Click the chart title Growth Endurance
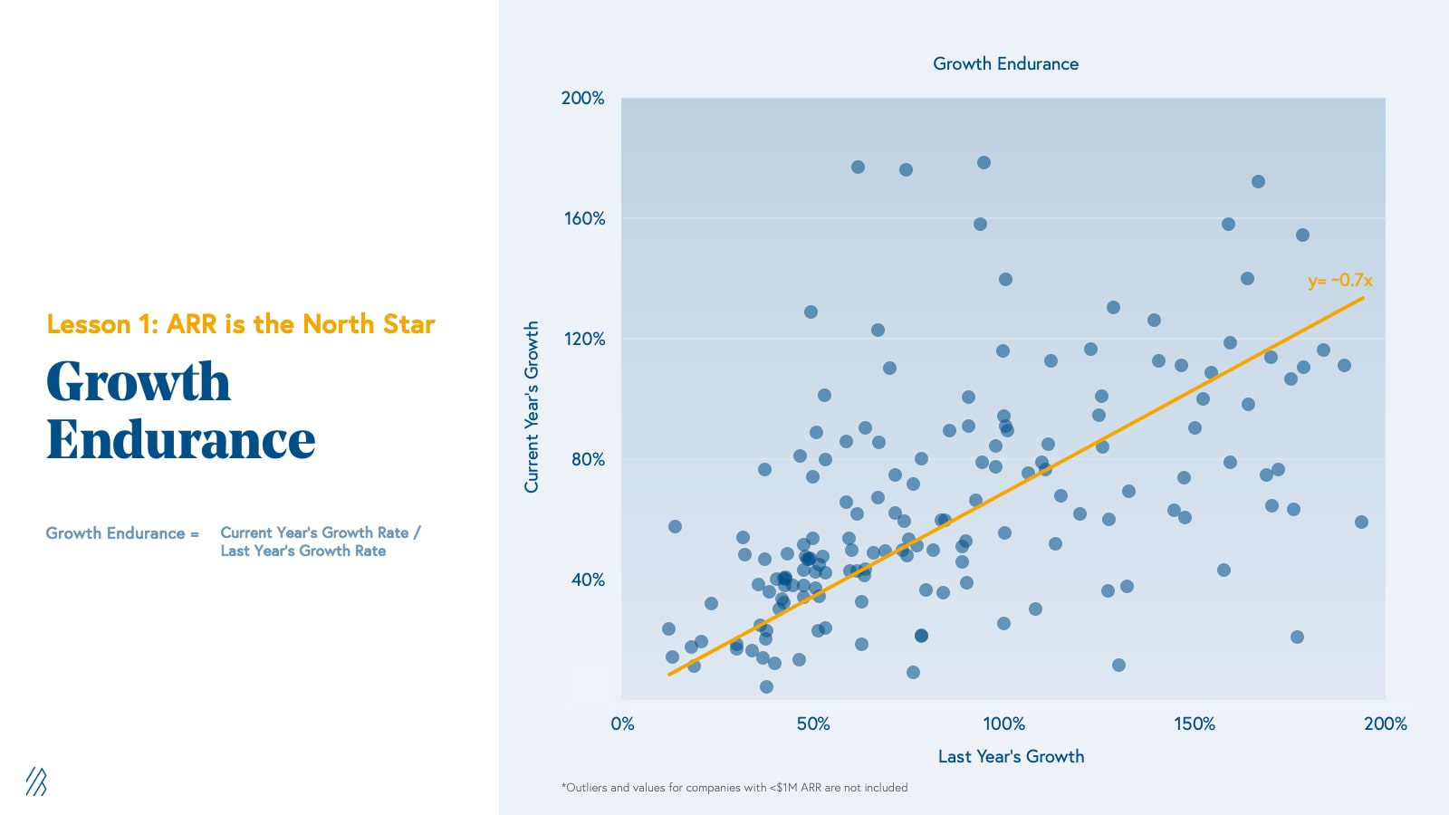tap(1005, 64)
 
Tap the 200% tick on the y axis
tap(582, 98)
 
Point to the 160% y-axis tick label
tap(584, 218)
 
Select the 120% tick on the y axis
tap(584, 339)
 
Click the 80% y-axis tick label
tap(588, 459)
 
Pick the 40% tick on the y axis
tap(588, 580)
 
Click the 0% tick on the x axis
tap(622, 724)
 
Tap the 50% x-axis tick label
tap(812, 724)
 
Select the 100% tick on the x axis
tap(1003, 724)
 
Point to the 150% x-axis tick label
tap(1195, 724)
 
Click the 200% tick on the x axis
tap(1385, 724)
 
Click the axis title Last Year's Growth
tap(1011, 756)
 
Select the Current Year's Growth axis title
tap(532, 407)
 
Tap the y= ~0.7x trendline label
tap(1339, 281)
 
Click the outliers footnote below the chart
tap(734, 788)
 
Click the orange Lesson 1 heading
tap(241, 324)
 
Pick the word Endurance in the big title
tap(181, 440)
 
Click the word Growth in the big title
tap(139, 381)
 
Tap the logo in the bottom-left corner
tap(36, 781)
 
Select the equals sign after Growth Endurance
tap(195, 534)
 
